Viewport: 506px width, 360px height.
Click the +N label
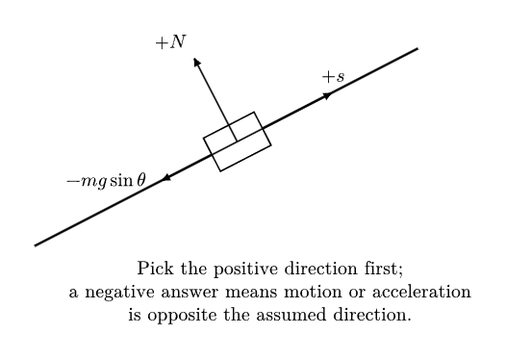point(170,42)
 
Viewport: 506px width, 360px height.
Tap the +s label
point(334,77)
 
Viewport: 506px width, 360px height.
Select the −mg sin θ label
point(106,181)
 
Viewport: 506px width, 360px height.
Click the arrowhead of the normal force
point(196,62)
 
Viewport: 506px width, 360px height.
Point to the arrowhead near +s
point(328,96)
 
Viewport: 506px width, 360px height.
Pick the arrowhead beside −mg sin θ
point(165,177)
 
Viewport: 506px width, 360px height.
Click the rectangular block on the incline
point(238,141)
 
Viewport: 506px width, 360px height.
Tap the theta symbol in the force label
point(141,180)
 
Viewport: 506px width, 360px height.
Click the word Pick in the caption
point(155,268)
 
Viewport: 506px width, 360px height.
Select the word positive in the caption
point(245,269)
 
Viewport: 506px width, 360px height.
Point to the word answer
point(190,293)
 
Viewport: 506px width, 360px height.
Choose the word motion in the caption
point(313,292)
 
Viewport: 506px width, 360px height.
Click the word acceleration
point(421,292)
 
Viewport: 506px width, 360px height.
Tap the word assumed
point(291,315)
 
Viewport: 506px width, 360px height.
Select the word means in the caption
point(251,293)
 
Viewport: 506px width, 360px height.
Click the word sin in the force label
point(121,180)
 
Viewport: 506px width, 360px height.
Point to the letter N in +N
point(178,41)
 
